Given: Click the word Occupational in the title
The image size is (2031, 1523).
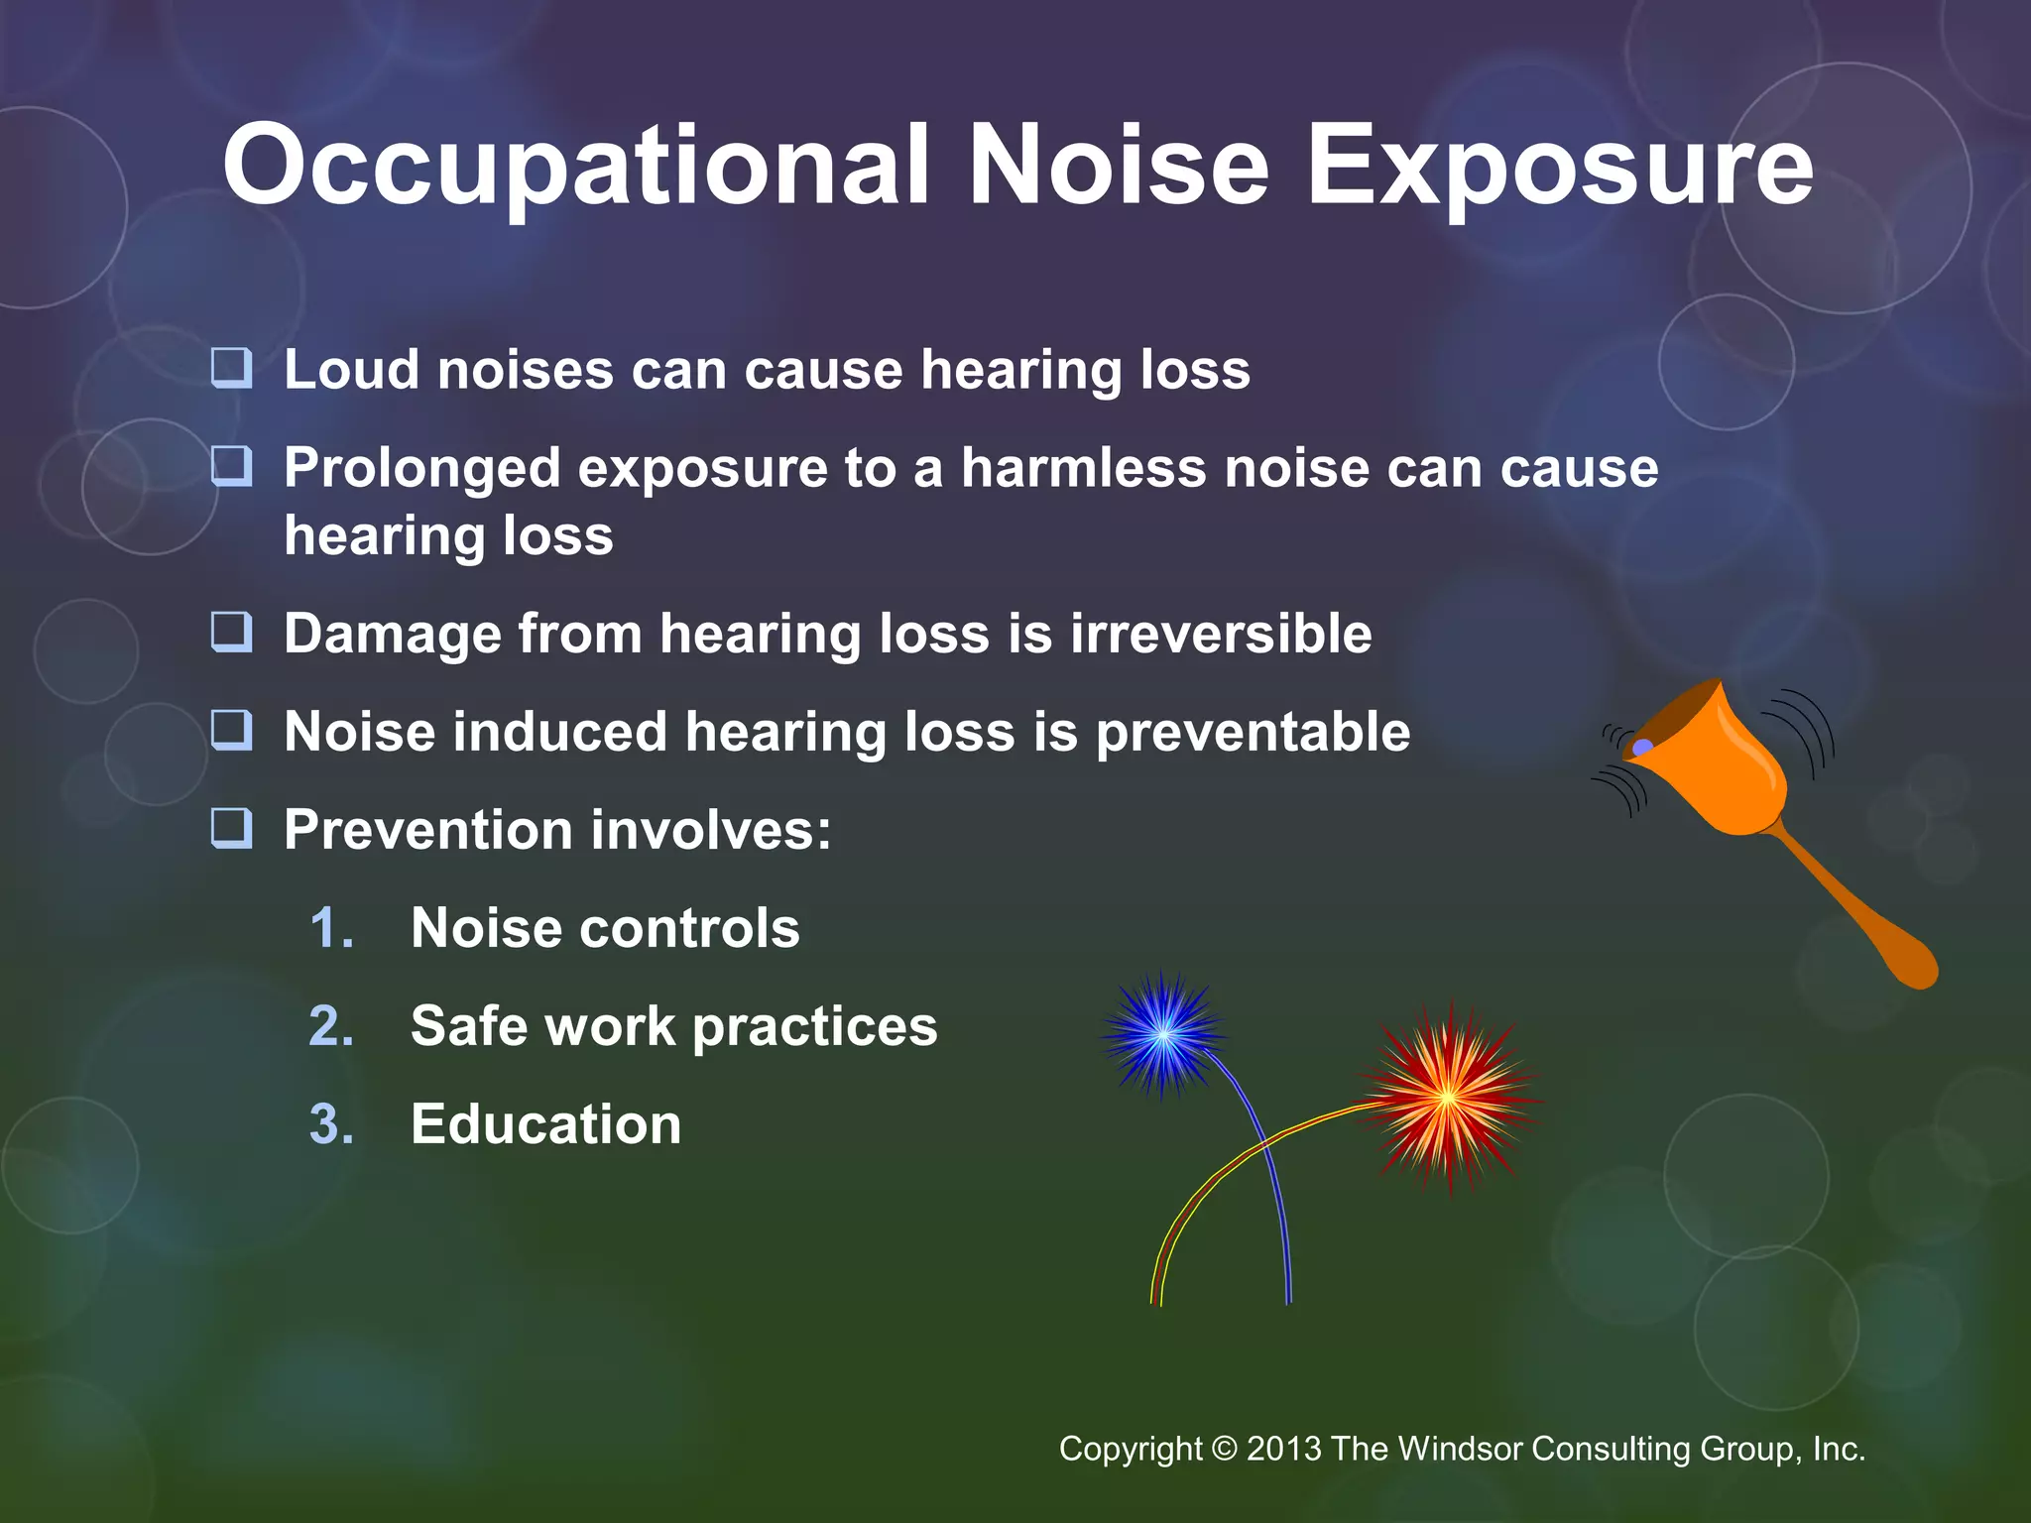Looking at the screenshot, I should click(x=575, y=167).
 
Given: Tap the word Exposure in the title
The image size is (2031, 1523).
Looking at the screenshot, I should click(x=1560, y=167).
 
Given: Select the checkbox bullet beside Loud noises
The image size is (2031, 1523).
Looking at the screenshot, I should click(x=232, y=368).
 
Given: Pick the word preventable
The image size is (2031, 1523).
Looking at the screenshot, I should click(x=1253, y=732).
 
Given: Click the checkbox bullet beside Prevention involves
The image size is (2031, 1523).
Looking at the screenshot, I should click(x=232, y=828).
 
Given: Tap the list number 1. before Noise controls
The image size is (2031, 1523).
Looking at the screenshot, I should click(x=331, y=928).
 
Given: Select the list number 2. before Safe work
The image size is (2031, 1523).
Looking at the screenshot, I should click(x=331, y=1026).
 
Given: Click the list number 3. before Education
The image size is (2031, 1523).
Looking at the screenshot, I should click(x=331, y=1124).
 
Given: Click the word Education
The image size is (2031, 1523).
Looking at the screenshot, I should click(x=545, y=1124).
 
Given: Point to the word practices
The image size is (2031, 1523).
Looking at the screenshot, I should click(x=814, y=1026).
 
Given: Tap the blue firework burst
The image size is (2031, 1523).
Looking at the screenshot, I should click(x=1163, y=1034).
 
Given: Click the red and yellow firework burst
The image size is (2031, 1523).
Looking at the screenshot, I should click(x=1448, y=1097).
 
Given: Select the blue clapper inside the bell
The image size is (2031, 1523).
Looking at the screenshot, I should click(x=1643, y=747).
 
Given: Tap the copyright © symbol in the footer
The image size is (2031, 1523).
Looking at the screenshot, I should click(x=1225, y=1449).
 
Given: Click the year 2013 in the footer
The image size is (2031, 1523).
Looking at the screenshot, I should click(x=1284, y=1449).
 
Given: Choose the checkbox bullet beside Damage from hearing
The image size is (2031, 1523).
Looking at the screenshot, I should click(x=232, y=632).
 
